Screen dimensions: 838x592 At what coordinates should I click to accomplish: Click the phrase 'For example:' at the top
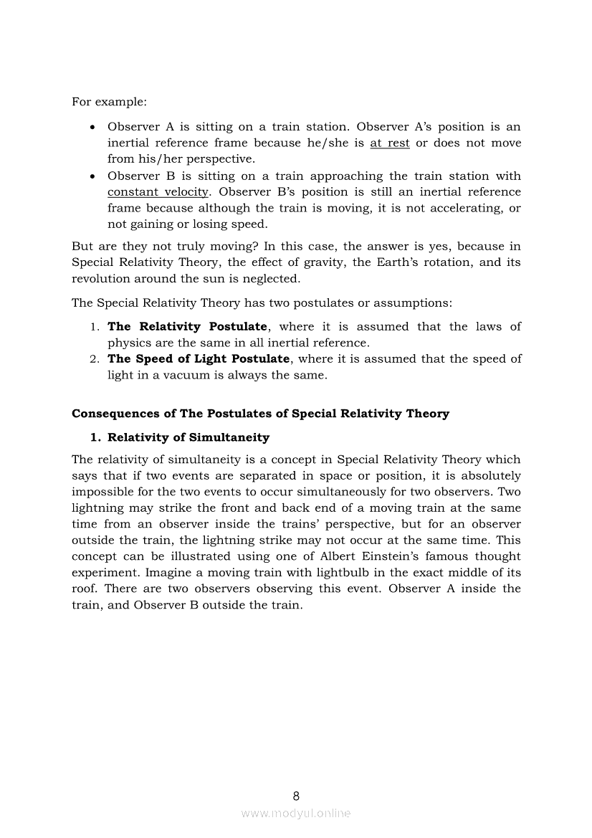(x=99, y=102)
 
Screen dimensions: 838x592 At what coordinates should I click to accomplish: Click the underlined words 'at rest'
(x=390, y=143)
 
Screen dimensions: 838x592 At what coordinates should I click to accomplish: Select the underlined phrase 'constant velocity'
(x=158, y=191)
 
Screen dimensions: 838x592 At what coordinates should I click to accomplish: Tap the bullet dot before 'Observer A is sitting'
(x=93, y=128)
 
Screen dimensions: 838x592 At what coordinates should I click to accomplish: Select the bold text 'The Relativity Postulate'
(x=187, y=326)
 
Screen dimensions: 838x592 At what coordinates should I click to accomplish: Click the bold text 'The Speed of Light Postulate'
(x=199, y=358)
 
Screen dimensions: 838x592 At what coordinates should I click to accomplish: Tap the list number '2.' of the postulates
(x=95, y=358)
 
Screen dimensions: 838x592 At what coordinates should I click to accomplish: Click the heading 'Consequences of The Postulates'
(x=260, y=414)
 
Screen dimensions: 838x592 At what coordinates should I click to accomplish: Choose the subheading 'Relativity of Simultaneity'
(x=188, y=437)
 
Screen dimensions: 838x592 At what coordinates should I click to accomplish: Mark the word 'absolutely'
(x=489, y=475)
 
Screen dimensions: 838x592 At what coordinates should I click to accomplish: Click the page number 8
(x=296, y=796)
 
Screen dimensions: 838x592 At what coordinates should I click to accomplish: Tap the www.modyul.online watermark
(x=296, y=813)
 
